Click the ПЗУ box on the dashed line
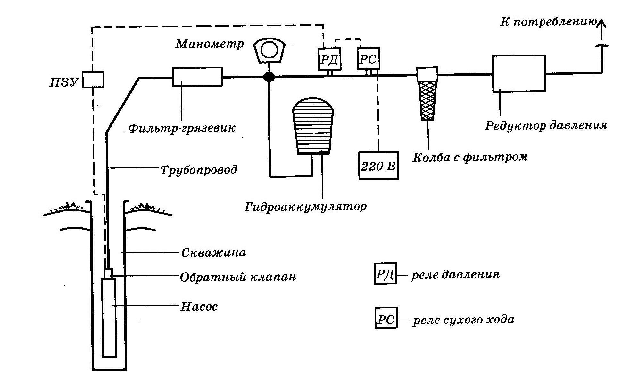93,79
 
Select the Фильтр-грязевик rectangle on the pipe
197,77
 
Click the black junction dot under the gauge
269,77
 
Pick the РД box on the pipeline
329,59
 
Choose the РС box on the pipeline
368,59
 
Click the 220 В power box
378,166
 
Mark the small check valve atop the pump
109,274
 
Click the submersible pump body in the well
109,318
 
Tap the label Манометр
209,44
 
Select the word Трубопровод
199,169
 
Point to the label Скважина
213,253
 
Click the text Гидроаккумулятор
305,206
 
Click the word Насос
199,306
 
